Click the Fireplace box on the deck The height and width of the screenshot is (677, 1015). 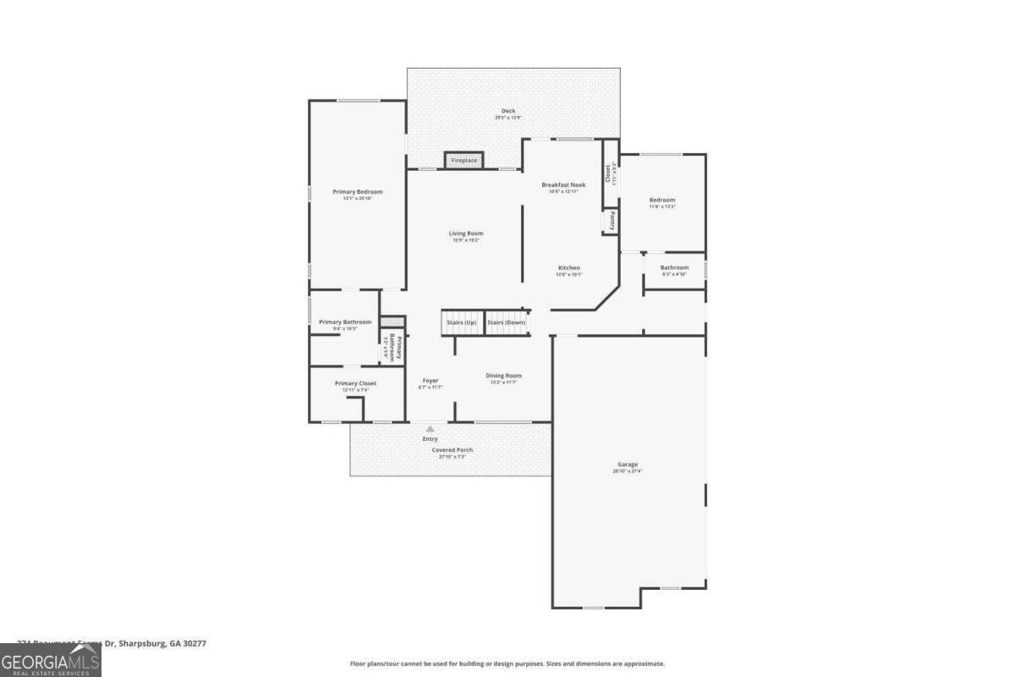464,160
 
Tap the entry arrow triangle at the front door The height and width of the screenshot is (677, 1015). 430,429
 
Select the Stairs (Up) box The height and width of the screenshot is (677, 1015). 462,322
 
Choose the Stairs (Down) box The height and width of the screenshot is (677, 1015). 507,322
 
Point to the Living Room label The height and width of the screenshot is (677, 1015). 465,234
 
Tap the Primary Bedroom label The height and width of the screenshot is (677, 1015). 357,192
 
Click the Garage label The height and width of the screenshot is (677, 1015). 627,465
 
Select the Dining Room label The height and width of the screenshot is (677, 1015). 503,376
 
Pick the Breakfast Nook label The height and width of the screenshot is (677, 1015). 563,184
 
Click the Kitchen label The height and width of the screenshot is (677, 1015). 568,268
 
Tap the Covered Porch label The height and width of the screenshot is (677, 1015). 452,450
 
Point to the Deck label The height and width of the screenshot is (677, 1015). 507,111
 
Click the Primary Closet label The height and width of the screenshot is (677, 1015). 355,383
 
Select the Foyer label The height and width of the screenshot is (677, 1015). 431,381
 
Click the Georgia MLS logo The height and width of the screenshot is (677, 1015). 51,660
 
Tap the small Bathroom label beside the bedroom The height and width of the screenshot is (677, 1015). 674,268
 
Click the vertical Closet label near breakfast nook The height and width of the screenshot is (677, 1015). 608,173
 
